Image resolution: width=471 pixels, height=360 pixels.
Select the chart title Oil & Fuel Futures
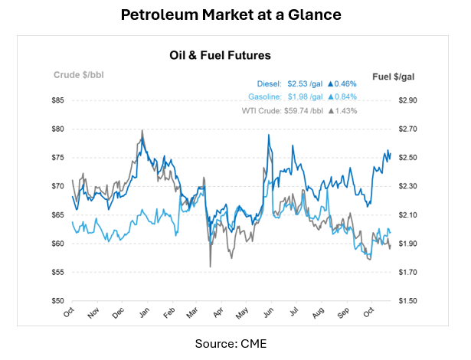click(219, 56)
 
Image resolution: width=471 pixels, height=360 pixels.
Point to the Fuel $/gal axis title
click(391, 77)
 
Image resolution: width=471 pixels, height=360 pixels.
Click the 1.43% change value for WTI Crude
click(346, 110)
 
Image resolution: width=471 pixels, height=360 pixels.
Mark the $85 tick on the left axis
click(58, 100)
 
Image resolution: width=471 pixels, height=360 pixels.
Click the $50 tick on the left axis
click(58, 301)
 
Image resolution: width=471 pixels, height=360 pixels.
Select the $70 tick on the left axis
click(58, 186)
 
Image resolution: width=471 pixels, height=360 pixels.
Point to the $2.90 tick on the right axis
click(407, 100)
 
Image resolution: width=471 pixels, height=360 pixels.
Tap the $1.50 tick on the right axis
click(407, 301)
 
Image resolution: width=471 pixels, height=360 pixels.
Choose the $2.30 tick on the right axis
click(407, 186)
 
